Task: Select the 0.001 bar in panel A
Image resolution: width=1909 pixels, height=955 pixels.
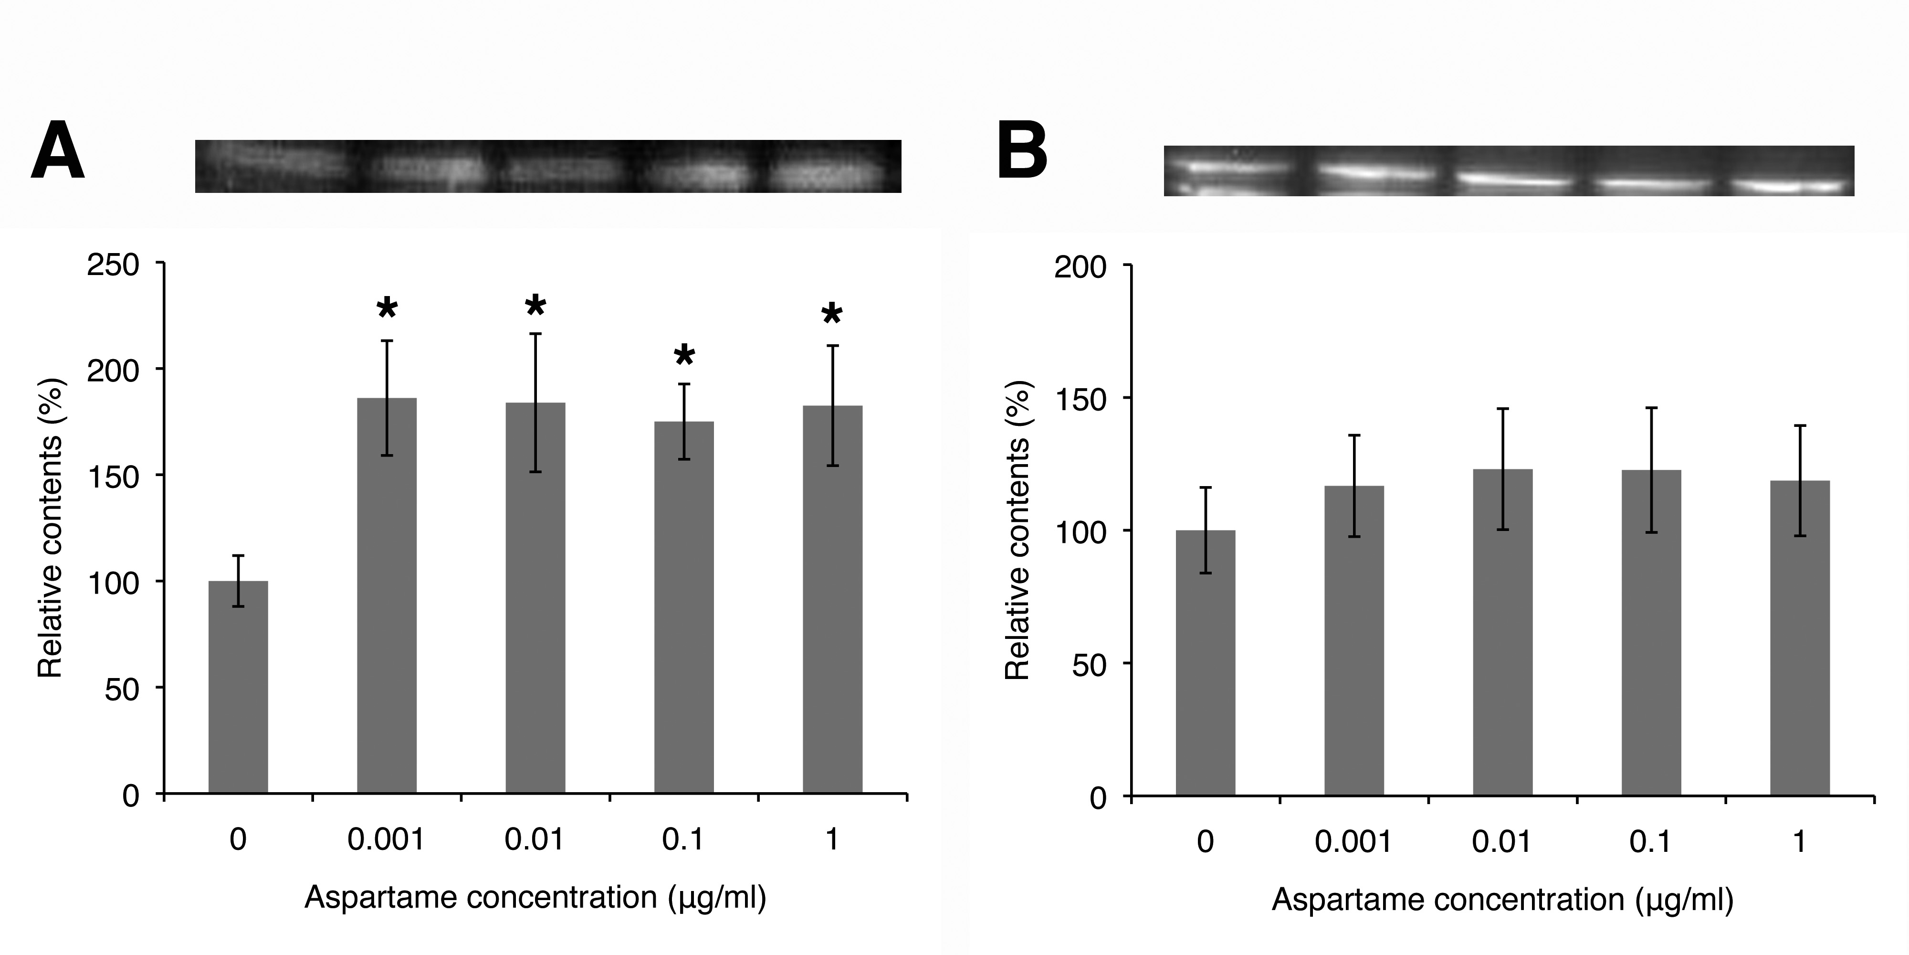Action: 387,596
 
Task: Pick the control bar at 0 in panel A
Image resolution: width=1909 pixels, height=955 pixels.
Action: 238,687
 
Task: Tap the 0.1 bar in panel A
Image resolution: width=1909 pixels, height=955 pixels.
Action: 684,608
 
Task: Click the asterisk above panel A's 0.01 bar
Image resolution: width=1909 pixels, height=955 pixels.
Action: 535,306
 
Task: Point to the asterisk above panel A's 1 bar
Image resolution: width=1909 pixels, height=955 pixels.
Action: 832,314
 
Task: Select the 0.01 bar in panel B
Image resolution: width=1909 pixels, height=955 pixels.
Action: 1503,633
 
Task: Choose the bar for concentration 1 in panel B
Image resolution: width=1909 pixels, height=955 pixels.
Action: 1800,638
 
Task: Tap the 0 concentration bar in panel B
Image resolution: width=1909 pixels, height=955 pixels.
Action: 1206,663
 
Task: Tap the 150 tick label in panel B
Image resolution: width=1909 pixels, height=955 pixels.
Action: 1080,399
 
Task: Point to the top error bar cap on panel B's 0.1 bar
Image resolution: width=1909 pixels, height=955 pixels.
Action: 1651,408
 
